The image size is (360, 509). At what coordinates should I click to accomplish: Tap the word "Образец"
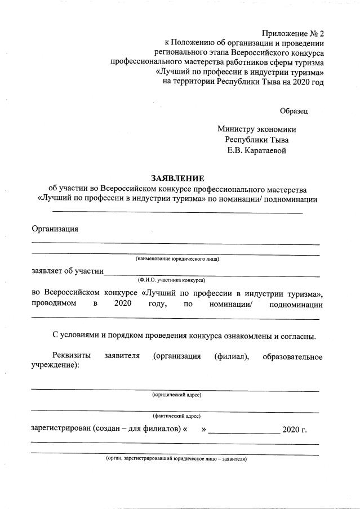[x=294, y=111]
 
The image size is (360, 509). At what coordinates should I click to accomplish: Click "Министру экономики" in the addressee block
[x=256, y=129]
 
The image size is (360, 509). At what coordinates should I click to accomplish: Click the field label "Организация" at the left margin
[x=55, y=229]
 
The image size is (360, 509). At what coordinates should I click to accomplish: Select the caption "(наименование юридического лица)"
[x=176, y=259]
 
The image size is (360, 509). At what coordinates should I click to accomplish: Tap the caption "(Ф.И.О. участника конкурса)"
[x=171, y=279]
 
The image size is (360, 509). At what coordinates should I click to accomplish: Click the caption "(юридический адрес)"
[x=177, y=395]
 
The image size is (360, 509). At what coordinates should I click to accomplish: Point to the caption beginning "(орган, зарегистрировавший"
[x=176, y=459]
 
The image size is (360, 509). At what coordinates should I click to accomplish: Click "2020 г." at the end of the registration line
[x=294, y=430]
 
